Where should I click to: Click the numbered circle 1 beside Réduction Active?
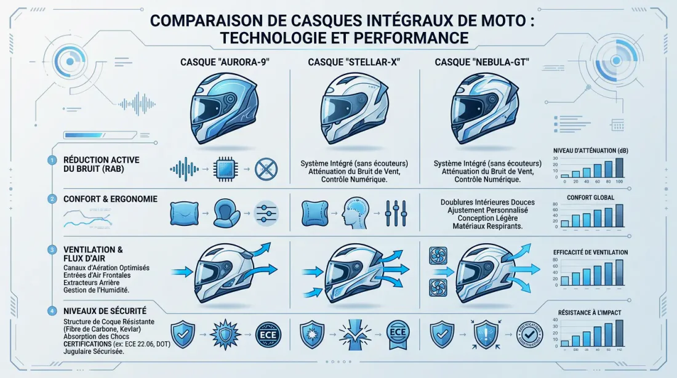click(x=52, y=160)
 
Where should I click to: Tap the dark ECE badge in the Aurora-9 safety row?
click(x=268, y=336)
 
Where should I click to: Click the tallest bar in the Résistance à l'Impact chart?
click(x=619, y=333)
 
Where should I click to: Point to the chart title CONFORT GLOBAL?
click(x=587, y=198)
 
